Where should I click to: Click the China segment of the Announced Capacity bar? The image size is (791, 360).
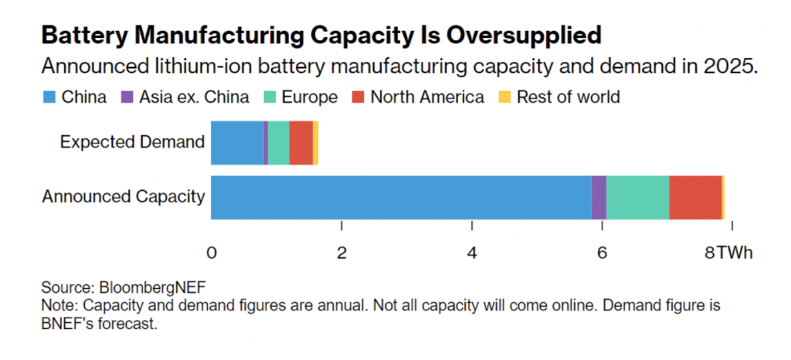click(x=400, y=197)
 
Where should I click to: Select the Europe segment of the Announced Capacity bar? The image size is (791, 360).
click(x=637, y=197)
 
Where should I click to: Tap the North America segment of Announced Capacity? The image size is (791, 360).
click(x=695, y=197)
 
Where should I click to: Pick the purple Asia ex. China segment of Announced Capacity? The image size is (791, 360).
click(x=599, y=197)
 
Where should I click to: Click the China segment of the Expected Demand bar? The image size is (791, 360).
click(x=236, y=142)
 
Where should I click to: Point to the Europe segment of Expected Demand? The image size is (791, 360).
click(x=278, y=142)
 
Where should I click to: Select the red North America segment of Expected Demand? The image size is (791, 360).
click(x=300, y=142)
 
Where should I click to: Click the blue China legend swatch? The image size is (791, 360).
click(x=47, y=97)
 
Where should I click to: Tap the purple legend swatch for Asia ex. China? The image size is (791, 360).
click(x=127, y=97)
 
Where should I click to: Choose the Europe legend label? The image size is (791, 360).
click(x=309, y=97)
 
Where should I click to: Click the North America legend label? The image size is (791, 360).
click(x=427, y=97)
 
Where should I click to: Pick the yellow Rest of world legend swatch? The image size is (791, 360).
click(x=504, y=97)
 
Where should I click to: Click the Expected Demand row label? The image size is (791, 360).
click(x=132, y=142)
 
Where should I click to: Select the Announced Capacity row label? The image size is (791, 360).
click(x=123, y=197)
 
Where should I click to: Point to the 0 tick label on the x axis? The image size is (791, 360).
click(x=211, y=253)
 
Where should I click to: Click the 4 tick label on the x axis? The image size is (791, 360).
click(x=471, y=253)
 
